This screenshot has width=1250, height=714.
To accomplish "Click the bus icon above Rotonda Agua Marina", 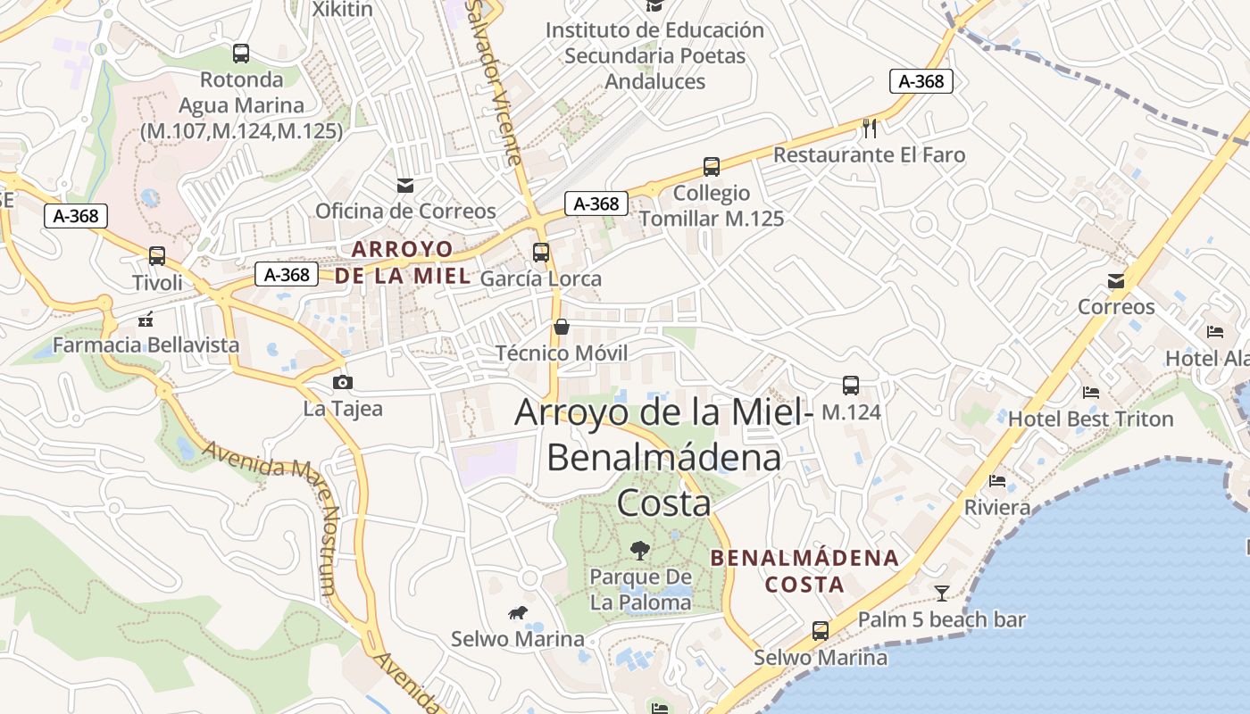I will pos(241,54).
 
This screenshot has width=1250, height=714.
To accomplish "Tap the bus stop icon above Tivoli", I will pos(157,256).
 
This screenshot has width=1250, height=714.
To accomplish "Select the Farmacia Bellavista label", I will pos(146,345).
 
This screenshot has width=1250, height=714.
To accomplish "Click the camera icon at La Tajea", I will pos(342,383).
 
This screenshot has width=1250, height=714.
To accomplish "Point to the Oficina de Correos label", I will pos(405,212).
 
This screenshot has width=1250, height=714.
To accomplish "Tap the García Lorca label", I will pos(541,278).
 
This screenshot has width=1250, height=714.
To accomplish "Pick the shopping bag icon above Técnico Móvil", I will pos(562,327).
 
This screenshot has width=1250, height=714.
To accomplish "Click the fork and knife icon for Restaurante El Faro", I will pos(871,129).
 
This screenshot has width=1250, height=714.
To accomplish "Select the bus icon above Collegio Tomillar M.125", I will pos(712,167).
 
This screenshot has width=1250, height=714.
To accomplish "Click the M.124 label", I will pos(851,412).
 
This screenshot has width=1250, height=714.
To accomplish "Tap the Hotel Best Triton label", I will pos(1091,419).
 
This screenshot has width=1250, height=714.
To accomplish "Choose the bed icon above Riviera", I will pos(997,481).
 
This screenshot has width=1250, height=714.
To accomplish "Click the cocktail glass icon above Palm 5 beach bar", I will pos(942,594).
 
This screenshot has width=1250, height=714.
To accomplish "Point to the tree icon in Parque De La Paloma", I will pos(640,550).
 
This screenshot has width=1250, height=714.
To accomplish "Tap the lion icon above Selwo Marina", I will pos(518,612).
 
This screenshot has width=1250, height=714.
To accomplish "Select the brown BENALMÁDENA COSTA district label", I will pos(804,571).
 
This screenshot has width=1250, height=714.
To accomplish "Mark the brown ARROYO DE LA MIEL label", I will pos(403,262).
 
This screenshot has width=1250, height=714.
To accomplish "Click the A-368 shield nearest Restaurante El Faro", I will pos(921,81).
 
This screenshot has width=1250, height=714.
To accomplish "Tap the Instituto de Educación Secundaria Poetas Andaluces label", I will pos(655,55).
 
